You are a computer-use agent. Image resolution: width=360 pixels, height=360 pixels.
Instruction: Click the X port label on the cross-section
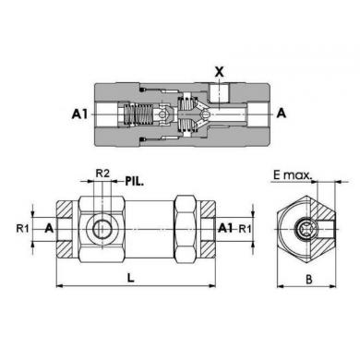[219, 72]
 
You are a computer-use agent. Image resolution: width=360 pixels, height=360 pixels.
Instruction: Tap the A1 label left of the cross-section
[79, 114]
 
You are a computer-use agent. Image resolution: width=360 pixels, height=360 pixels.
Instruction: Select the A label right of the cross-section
[282, 114]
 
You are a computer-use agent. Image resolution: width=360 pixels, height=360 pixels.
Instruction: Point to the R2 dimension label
[102, 174]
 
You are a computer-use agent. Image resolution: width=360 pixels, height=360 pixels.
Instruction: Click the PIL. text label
[135, 181]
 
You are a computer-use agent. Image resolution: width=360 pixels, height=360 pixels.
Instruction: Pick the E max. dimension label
[293, 175]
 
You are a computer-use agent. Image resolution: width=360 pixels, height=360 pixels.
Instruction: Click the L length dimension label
[131, 278]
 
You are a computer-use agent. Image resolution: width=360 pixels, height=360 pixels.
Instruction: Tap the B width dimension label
[309, 280]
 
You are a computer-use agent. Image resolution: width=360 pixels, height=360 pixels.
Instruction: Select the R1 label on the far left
[22, 229]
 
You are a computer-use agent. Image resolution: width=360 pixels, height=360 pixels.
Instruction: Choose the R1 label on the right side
[246, 229]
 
